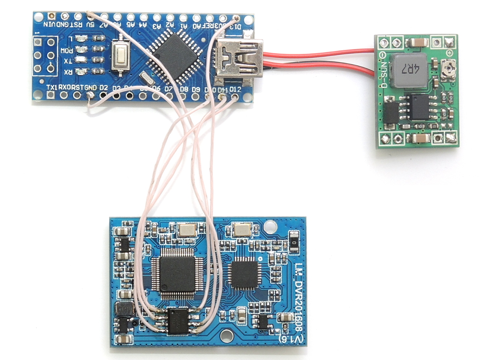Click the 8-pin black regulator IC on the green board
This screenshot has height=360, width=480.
(418, 107)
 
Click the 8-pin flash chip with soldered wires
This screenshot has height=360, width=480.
(178, 321)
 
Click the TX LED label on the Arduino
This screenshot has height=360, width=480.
(68, 61)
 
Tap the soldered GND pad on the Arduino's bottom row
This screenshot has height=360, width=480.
(89, 96)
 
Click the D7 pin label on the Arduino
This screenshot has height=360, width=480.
(168, 89)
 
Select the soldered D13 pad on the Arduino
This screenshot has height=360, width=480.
(236, 18)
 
